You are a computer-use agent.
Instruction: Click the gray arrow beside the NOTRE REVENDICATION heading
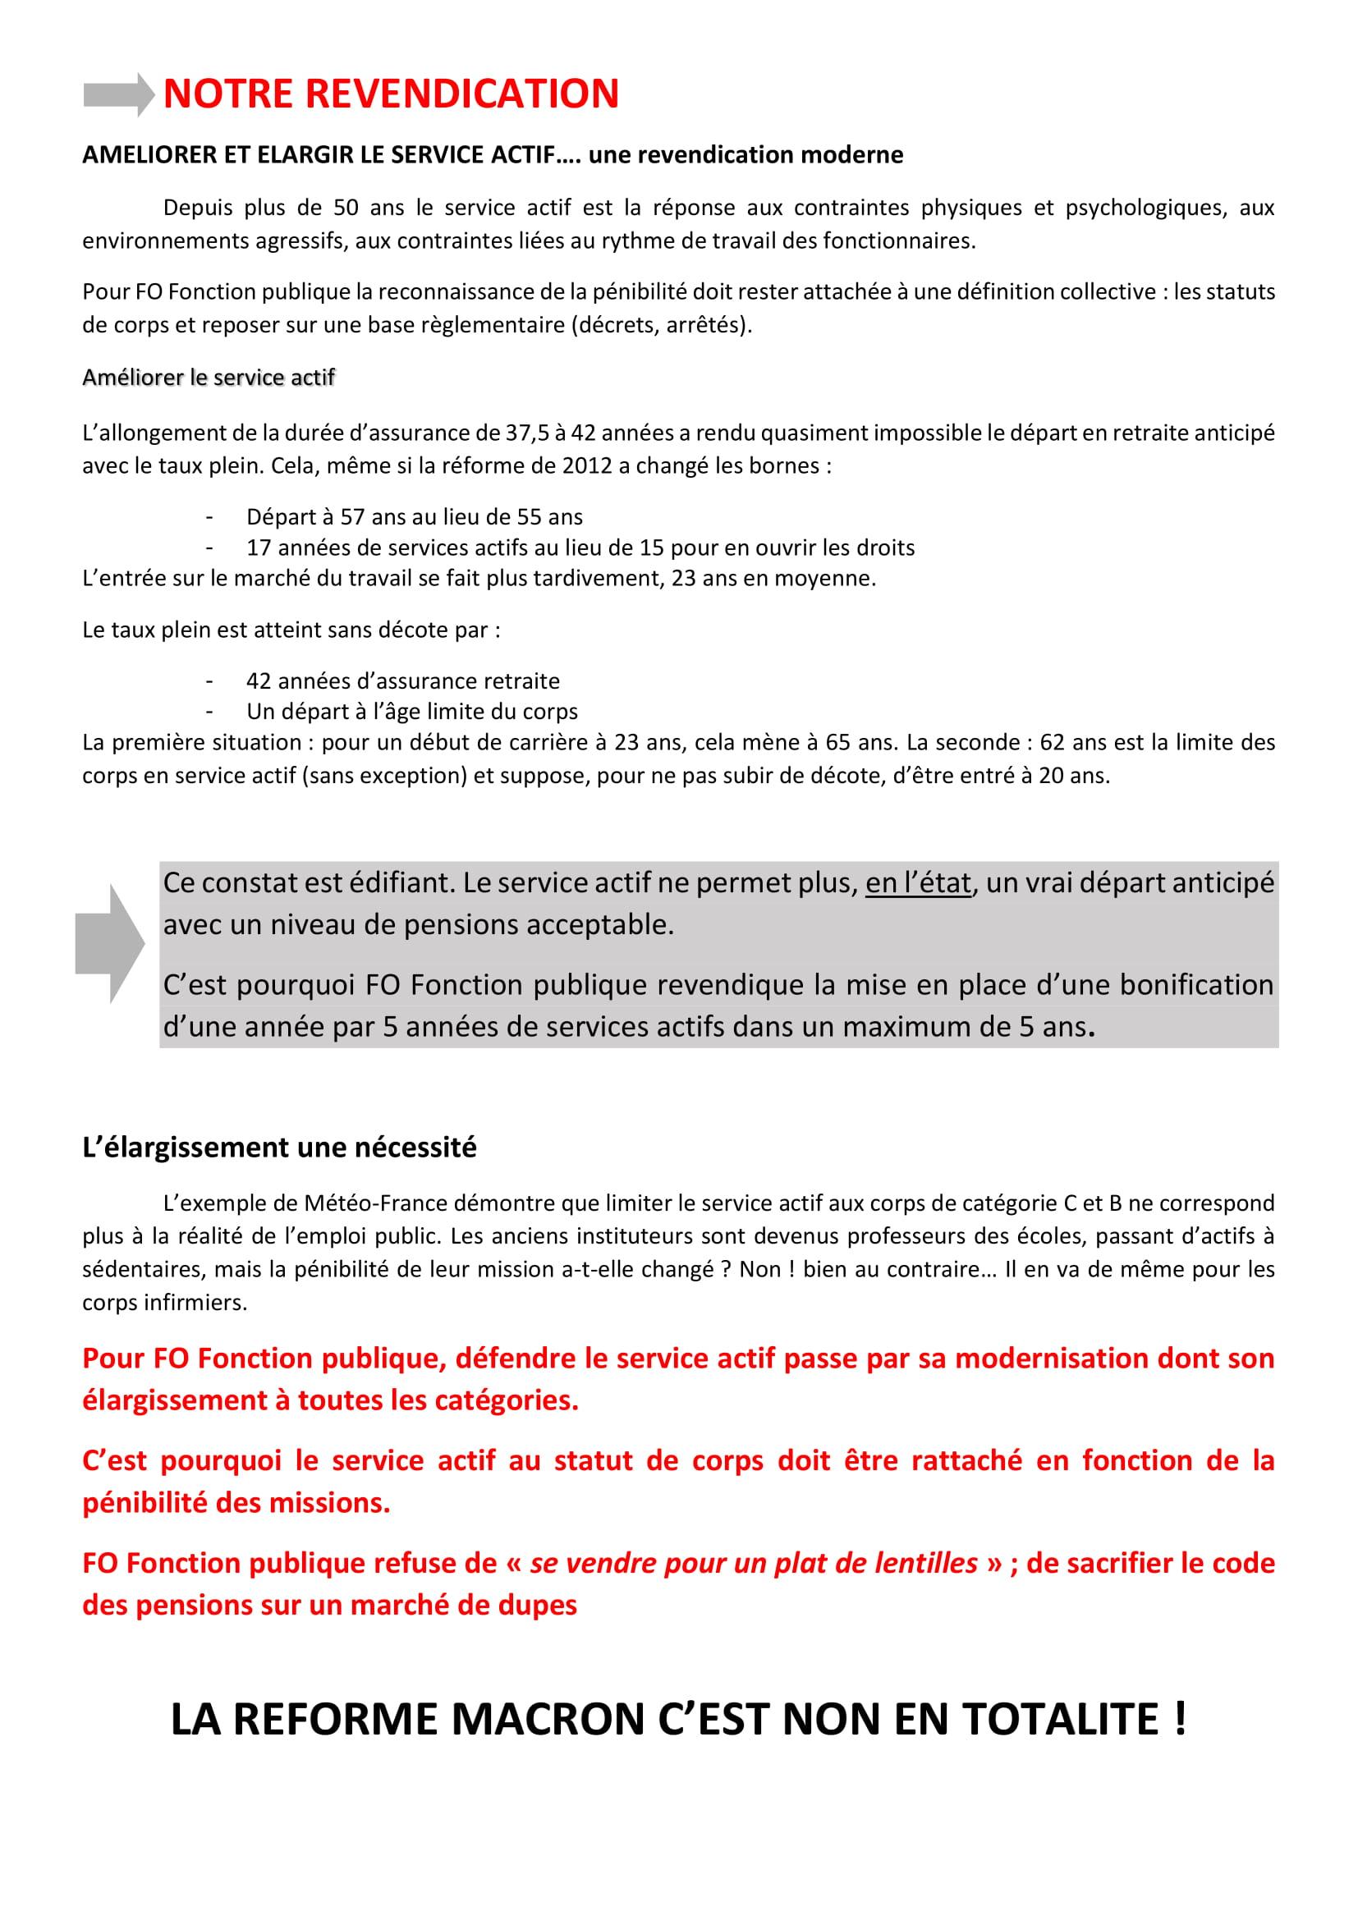(119, 94)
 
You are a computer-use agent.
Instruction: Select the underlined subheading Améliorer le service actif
(209, 378)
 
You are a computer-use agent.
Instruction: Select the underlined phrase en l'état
(918, 883)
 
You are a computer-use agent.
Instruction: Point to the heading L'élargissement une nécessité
(279, 1148)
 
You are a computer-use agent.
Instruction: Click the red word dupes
(534, 1606)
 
